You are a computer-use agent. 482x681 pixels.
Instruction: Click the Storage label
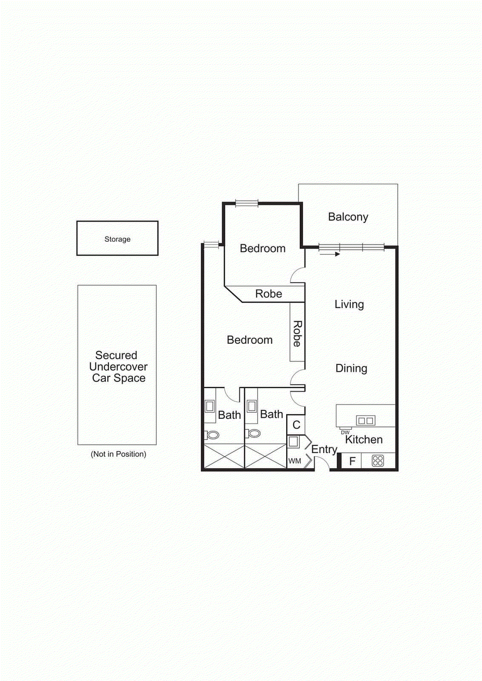coord(118,239)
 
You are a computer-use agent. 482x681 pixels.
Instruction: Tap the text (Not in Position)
coord(118,454)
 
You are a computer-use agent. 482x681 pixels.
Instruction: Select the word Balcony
coord(348,217)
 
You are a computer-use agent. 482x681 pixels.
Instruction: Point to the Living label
coord(349,304)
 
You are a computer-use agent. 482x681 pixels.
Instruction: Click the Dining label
coord(351,368)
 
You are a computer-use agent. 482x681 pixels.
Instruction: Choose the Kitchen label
coord(364,440)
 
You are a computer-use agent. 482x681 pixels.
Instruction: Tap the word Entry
coord(324,449)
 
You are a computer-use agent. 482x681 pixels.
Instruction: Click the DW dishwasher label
coord(345,432)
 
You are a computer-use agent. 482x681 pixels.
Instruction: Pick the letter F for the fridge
coord(352,461)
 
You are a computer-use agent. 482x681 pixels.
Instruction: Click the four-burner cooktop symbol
coord(378,461)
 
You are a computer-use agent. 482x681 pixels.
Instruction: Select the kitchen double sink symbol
coord(366,421)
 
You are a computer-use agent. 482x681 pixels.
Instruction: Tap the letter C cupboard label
coord(296,425)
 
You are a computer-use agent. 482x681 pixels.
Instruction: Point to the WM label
coord(295,461)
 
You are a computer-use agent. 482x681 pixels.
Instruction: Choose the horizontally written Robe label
coord(269,294)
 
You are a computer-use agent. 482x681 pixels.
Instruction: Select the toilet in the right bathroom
coord(254,433)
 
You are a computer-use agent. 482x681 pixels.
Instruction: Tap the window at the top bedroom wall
coord(247,203)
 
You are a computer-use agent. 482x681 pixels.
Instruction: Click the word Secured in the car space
coord(116,355)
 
